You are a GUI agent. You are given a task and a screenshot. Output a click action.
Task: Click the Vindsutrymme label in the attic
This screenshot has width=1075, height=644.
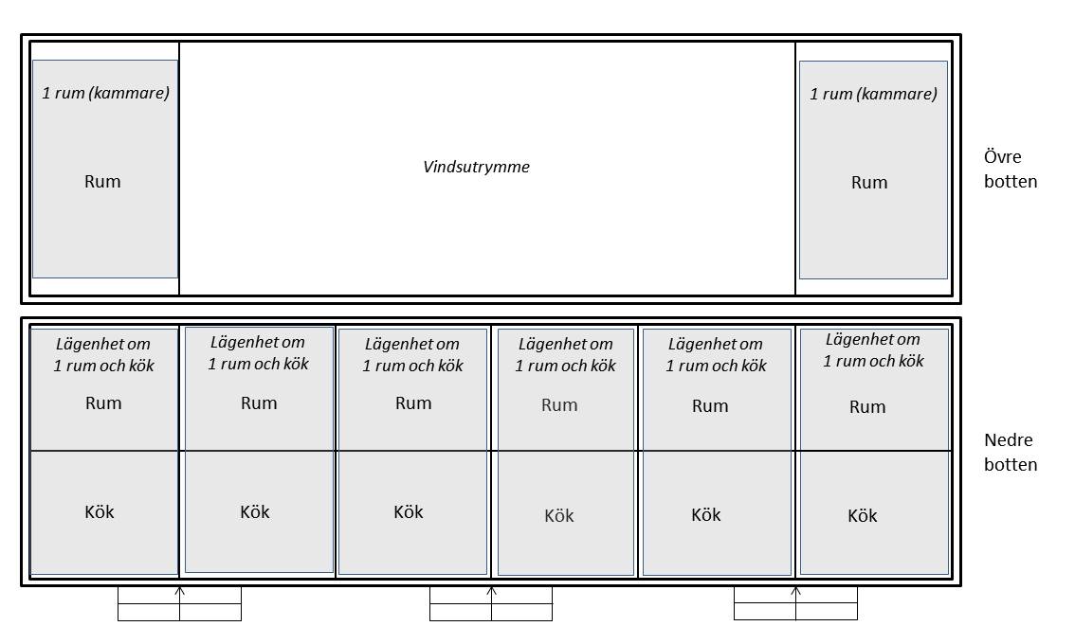point(477,167)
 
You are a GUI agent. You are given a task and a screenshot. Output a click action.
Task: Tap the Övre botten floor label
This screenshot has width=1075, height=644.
point(1011,170)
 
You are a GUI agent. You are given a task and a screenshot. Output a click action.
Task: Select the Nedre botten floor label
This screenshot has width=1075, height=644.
point(1011,452)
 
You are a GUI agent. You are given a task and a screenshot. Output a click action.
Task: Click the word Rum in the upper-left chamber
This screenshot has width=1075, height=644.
point(102,182)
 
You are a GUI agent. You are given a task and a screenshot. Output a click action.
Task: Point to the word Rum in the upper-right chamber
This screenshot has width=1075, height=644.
point(869,182)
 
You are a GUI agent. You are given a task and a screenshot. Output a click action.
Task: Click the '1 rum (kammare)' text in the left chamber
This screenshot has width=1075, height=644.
point(105,93)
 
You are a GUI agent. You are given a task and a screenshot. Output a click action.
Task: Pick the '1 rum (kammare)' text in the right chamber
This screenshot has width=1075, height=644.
point(873,94)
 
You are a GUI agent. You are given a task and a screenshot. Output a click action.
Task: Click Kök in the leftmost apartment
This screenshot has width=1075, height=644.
point(100,511)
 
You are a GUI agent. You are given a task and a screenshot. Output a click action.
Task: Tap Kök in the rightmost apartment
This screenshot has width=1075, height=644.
point(863,516)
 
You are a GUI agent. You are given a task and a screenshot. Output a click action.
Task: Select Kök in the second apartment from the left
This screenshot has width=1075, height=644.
point(255,511)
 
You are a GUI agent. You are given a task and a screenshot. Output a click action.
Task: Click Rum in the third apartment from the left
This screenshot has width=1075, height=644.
point(413,402)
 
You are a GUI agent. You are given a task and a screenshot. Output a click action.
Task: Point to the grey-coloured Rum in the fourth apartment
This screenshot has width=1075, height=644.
point(559,405)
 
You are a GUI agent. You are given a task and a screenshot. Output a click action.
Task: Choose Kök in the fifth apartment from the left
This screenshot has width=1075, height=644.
point(706,514)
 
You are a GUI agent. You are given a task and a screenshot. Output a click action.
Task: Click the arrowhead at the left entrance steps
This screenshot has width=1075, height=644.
point(179,589)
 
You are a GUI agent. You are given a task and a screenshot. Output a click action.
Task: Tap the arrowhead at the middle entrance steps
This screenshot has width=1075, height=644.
point(492,589)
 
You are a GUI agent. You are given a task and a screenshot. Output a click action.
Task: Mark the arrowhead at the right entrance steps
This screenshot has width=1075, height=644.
point(796,589)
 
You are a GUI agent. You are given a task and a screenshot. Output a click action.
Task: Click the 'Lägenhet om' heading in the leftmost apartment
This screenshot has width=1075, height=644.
point(102,344)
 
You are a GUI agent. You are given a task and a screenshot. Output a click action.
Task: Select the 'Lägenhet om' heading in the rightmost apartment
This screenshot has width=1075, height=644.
point(873,339)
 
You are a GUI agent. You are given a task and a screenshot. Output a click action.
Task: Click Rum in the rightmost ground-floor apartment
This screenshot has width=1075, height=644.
point(867,407)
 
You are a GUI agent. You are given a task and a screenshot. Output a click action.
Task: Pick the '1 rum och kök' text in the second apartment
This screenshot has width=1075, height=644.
point(259,364)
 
